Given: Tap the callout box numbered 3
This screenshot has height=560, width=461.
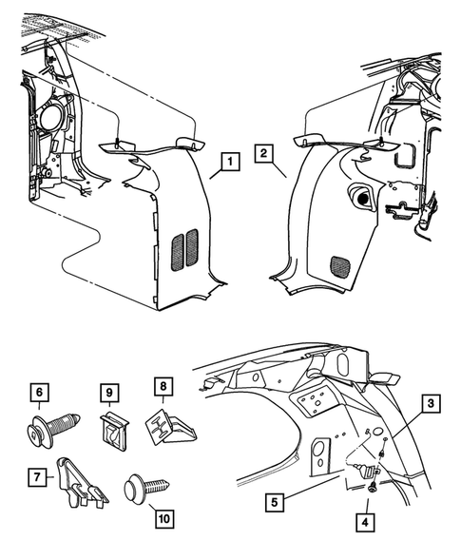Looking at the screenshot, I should point(432,405).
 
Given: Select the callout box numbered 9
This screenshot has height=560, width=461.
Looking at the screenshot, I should point(109,391).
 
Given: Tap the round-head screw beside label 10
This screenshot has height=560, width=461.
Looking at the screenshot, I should point(144,491).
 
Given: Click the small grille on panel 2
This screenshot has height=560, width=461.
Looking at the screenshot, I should point(338,264).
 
